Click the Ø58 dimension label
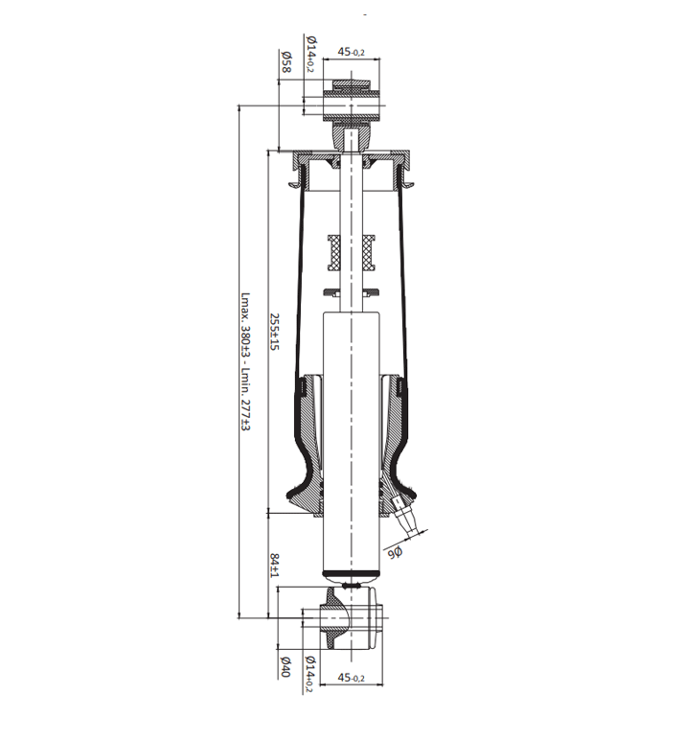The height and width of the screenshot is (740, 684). pyautogui.click(x=286, y=61)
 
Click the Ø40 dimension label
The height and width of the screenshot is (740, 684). pyautogui.click(x=285, y=666)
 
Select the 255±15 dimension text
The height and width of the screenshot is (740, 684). pyautogui.click(x=275, y=332)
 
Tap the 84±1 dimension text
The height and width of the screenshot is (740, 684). pyautogui.click(x=275, y=565)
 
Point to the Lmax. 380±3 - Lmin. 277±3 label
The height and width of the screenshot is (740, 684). pyautogui.click(x=245, y=361)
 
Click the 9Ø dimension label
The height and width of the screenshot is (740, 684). pyautogui.click(x=396, y=553)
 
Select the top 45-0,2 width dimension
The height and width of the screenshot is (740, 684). pyautogui.click(x=351, y=52)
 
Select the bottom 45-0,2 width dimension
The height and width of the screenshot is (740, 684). pyautogui.click(x=352, y=678)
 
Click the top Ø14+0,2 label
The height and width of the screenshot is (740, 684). pyautogui.click(x=311, y=54)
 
